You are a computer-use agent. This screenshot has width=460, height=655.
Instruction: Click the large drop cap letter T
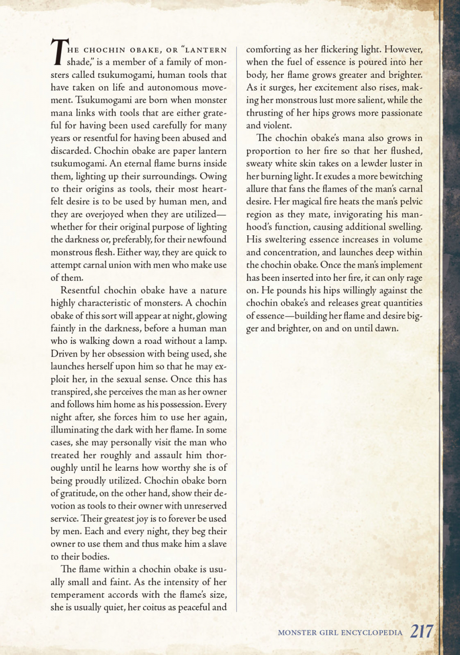tap(58, 53)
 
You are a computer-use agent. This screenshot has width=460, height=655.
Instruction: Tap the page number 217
tap(421, 632)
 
